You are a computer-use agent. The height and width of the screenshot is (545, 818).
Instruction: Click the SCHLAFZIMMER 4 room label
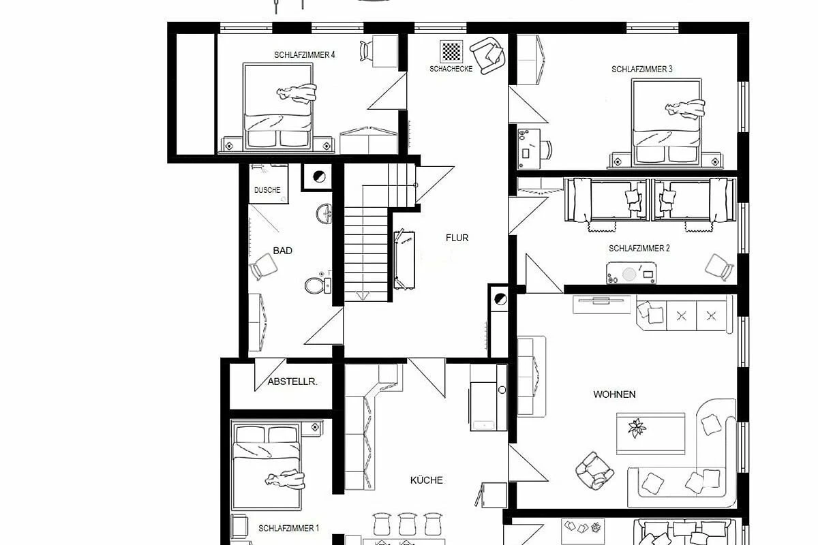point(304,54)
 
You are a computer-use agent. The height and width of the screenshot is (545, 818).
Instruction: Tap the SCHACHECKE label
point(451,69)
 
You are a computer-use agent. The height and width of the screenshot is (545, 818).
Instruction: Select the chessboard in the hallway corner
point(451,51)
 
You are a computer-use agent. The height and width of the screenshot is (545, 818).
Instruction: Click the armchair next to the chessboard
point(488,55)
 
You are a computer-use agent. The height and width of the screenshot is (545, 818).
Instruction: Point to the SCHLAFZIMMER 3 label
point(641,69)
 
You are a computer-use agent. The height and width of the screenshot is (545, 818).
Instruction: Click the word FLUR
point(457,238)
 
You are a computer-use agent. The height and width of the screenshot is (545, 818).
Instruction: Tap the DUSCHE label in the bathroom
point(267,190)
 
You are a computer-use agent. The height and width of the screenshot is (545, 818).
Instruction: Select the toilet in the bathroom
point(318,285)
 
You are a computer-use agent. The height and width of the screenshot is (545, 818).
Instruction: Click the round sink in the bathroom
point(324,214)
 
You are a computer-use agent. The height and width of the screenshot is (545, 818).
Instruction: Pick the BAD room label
point(283,251)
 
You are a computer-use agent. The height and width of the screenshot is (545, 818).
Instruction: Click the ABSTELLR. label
point(292,381)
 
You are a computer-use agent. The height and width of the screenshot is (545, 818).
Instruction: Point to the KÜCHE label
point(426,480)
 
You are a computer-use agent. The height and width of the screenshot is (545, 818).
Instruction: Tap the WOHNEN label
point(614,394)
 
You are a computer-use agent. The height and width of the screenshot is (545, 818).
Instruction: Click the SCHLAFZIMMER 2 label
point(639,248)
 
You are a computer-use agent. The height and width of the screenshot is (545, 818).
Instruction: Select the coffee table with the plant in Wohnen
point(650,434)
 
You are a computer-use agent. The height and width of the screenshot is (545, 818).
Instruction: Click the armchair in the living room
point(594,471)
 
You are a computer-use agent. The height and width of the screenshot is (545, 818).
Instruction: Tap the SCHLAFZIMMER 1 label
point(288,528)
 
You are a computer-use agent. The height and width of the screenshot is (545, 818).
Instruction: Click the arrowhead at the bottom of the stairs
point(363,296)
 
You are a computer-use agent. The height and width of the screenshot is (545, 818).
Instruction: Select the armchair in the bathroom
point(263,266)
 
